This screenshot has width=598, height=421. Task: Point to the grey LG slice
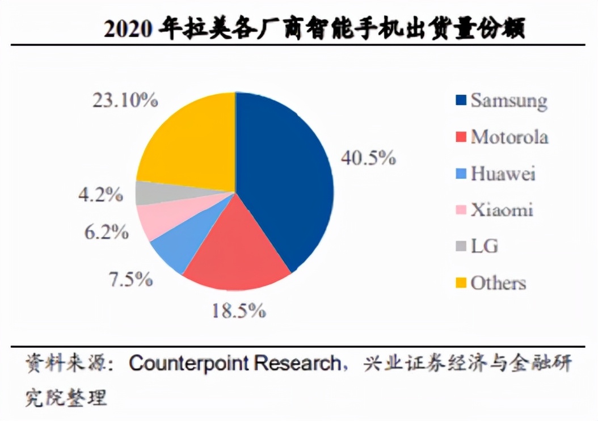coord(146,193)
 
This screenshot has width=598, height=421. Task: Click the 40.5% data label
coord(368,158)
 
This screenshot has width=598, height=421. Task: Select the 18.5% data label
coord(238,310)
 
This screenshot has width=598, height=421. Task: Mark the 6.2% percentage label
coord(106,232)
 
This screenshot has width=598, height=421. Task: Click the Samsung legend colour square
coord(461,101)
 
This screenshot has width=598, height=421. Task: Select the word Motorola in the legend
coord(509,137)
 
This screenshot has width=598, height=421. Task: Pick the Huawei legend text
coord(503,173)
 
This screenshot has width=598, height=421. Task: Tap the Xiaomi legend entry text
coord(502,210)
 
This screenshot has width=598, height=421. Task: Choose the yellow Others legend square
coord(461,283)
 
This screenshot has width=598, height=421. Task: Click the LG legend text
coord(484,246)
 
